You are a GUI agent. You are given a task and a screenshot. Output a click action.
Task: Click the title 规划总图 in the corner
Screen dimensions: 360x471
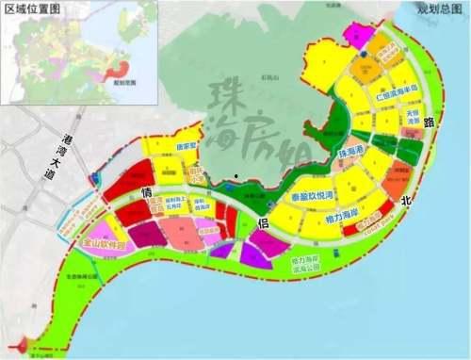[x=439, y=8]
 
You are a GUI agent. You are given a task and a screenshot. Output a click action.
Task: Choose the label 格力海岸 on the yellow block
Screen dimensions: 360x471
[x=318, y=219]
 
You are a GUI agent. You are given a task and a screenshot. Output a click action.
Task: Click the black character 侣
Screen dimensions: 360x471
[x=265, y=223]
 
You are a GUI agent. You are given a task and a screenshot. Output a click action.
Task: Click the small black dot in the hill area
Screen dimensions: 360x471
[x=236, y=175]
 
